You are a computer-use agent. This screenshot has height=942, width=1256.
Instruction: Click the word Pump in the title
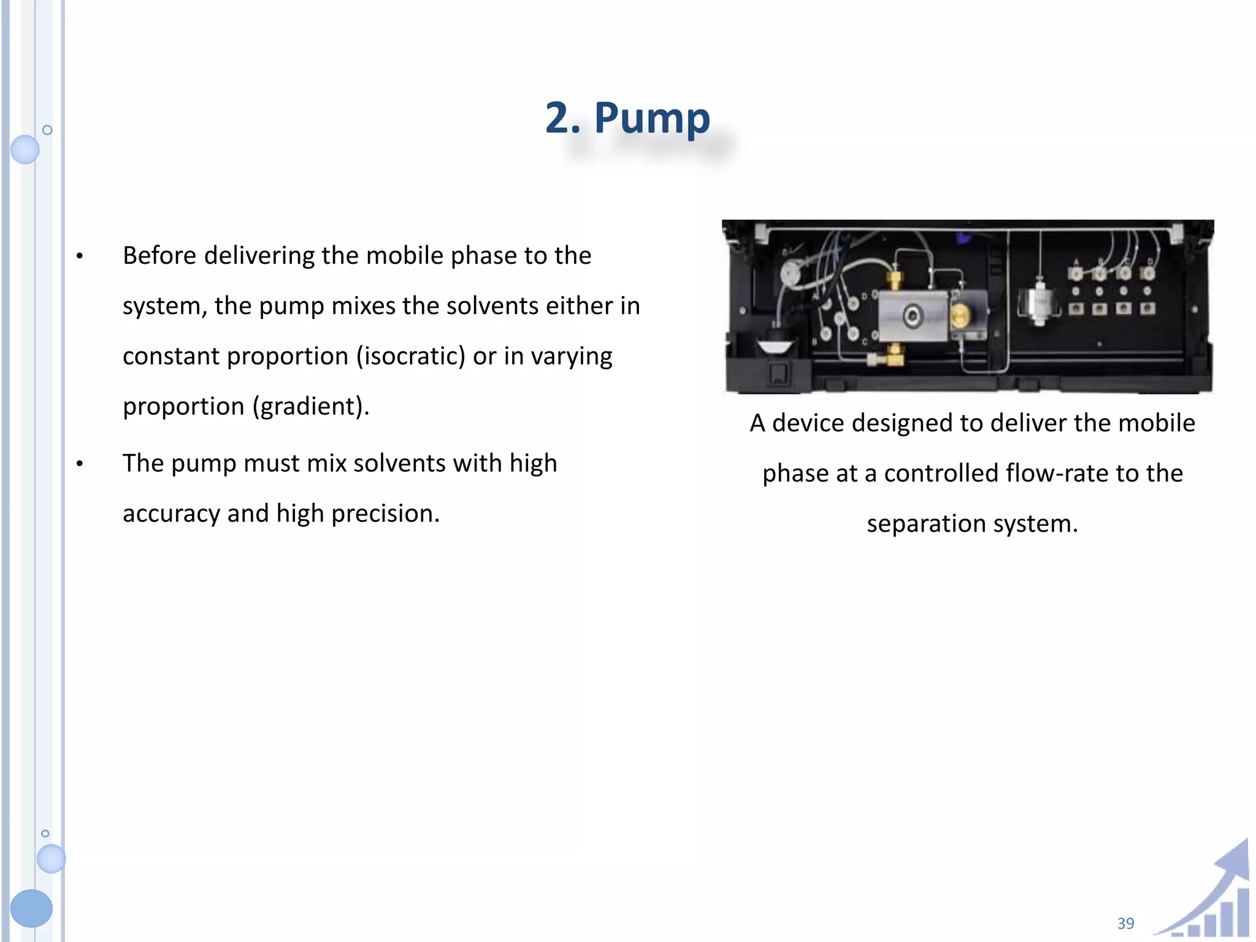652,118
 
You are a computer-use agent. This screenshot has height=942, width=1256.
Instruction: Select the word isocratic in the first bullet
411,356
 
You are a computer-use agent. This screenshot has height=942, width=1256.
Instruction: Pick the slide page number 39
1125,923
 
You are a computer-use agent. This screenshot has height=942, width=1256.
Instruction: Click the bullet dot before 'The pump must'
80,464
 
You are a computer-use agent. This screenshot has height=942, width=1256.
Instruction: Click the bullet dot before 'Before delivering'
80,256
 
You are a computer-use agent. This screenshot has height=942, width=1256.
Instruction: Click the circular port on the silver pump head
913,316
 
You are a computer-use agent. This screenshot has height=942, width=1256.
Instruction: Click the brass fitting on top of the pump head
895,280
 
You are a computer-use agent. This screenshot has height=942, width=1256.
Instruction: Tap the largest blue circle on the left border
31,908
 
